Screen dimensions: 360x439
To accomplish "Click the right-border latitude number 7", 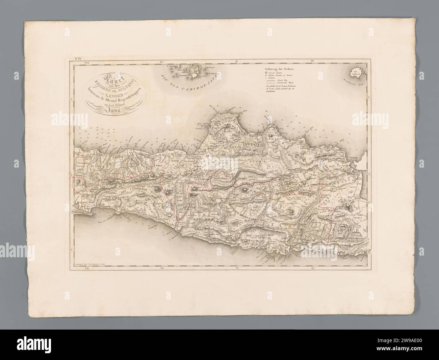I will coord(369,174).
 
